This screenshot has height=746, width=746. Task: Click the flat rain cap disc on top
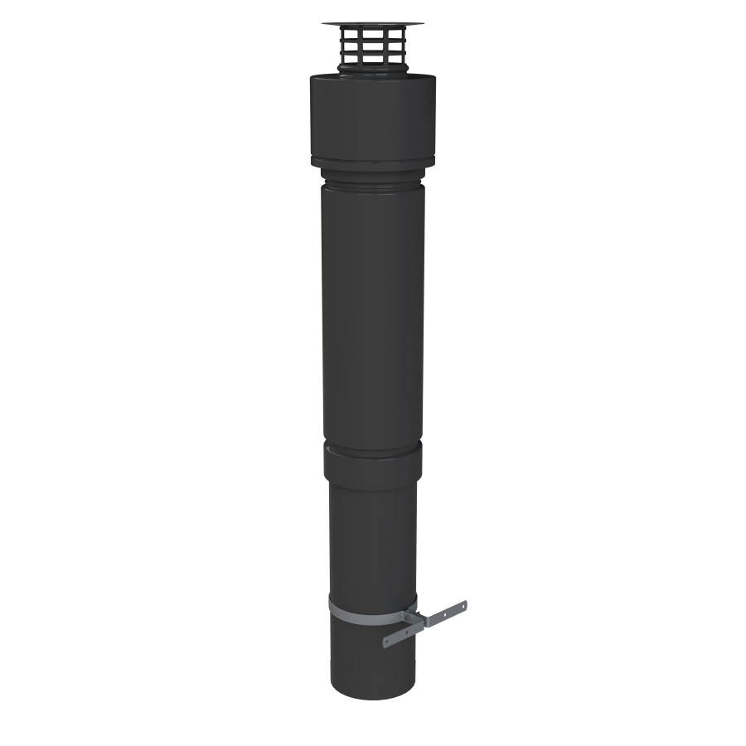(x=373, y=23)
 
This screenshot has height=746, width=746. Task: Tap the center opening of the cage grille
(x=373, y=46)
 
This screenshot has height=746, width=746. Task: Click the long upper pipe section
(x=373, y=315)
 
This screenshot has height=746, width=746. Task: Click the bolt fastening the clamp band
(x=407, y=618)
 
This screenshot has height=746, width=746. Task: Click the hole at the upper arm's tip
(x=463, y=607)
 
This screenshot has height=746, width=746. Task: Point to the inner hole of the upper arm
(x=445, y=615)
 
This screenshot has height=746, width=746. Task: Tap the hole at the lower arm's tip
(x=387, y=642)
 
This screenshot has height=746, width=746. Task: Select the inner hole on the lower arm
(x=407, y=632)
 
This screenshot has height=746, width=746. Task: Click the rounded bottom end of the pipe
(x=373, y=693)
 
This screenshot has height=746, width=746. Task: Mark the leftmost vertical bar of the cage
(x=342, y=46)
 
